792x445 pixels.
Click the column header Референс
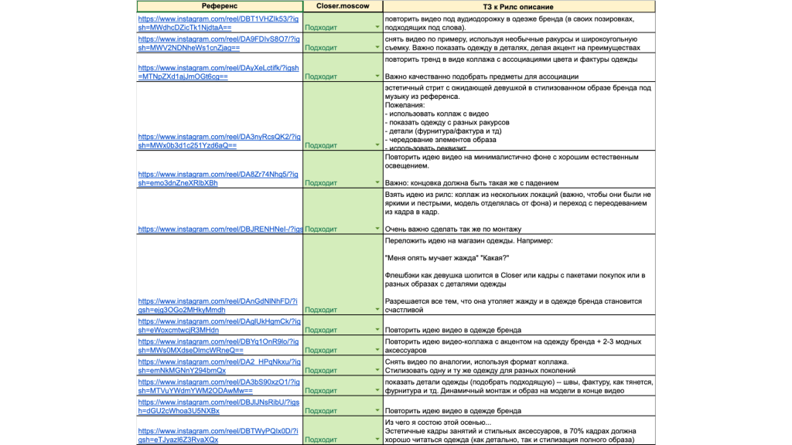219,6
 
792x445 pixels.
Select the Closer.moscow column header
343,6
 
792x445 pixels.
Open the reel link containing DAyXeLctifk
218,67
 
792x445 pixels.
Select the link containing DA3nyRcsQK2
218,136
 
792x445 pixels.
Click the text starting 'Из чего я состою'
437,422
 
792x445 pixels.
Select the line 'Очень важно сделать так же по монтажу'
453,229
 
